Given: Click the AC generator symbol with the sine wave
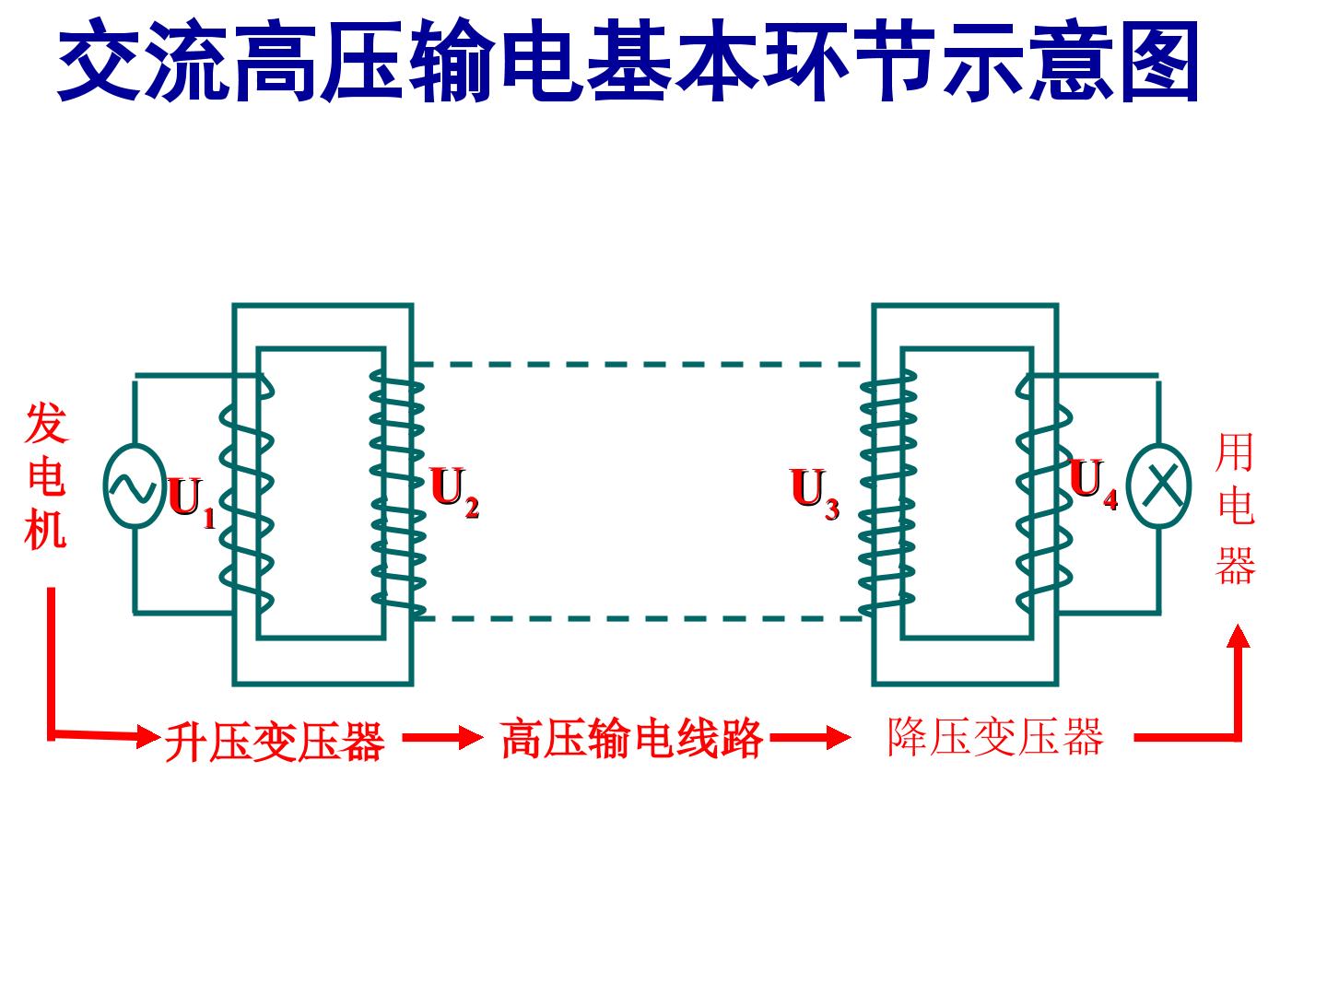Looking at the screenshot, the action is [x=135, y=486].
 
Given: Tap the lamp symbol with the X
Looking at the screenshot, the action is [x=1158, y=486].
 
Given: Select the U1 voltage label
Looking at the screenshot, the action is [x=191, y=502].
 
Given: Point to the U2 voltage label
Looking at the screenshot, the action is [x=454, y=492].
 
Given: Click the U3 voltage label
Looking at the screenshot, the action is [x=815, y=494].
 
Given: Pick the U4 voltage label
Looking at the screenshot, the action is [x=1093, y=484].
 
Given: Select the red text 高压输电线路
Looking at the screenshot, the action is [x=632, y=738].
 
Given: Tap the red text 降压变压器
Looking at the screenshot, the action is [x=995, y=736].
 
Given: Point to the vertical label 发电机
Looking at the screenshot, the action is [x=46, y=475].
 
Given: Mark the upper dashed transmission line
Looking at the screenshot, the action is [x=637, y=364].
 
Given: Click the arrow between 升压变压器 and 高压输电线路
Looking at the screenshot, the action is [x=443, y=737].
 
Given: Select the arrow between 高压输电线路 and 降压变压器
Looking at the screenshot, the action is [x=811, y=737].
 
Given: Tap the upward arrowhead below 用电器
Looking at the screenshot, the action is [x=1239, y=636].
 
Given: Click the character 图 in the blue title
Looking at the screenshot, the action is [x=1160, y=62].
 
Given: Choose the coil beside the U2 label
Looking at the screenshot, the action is [x=397, y=490].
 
